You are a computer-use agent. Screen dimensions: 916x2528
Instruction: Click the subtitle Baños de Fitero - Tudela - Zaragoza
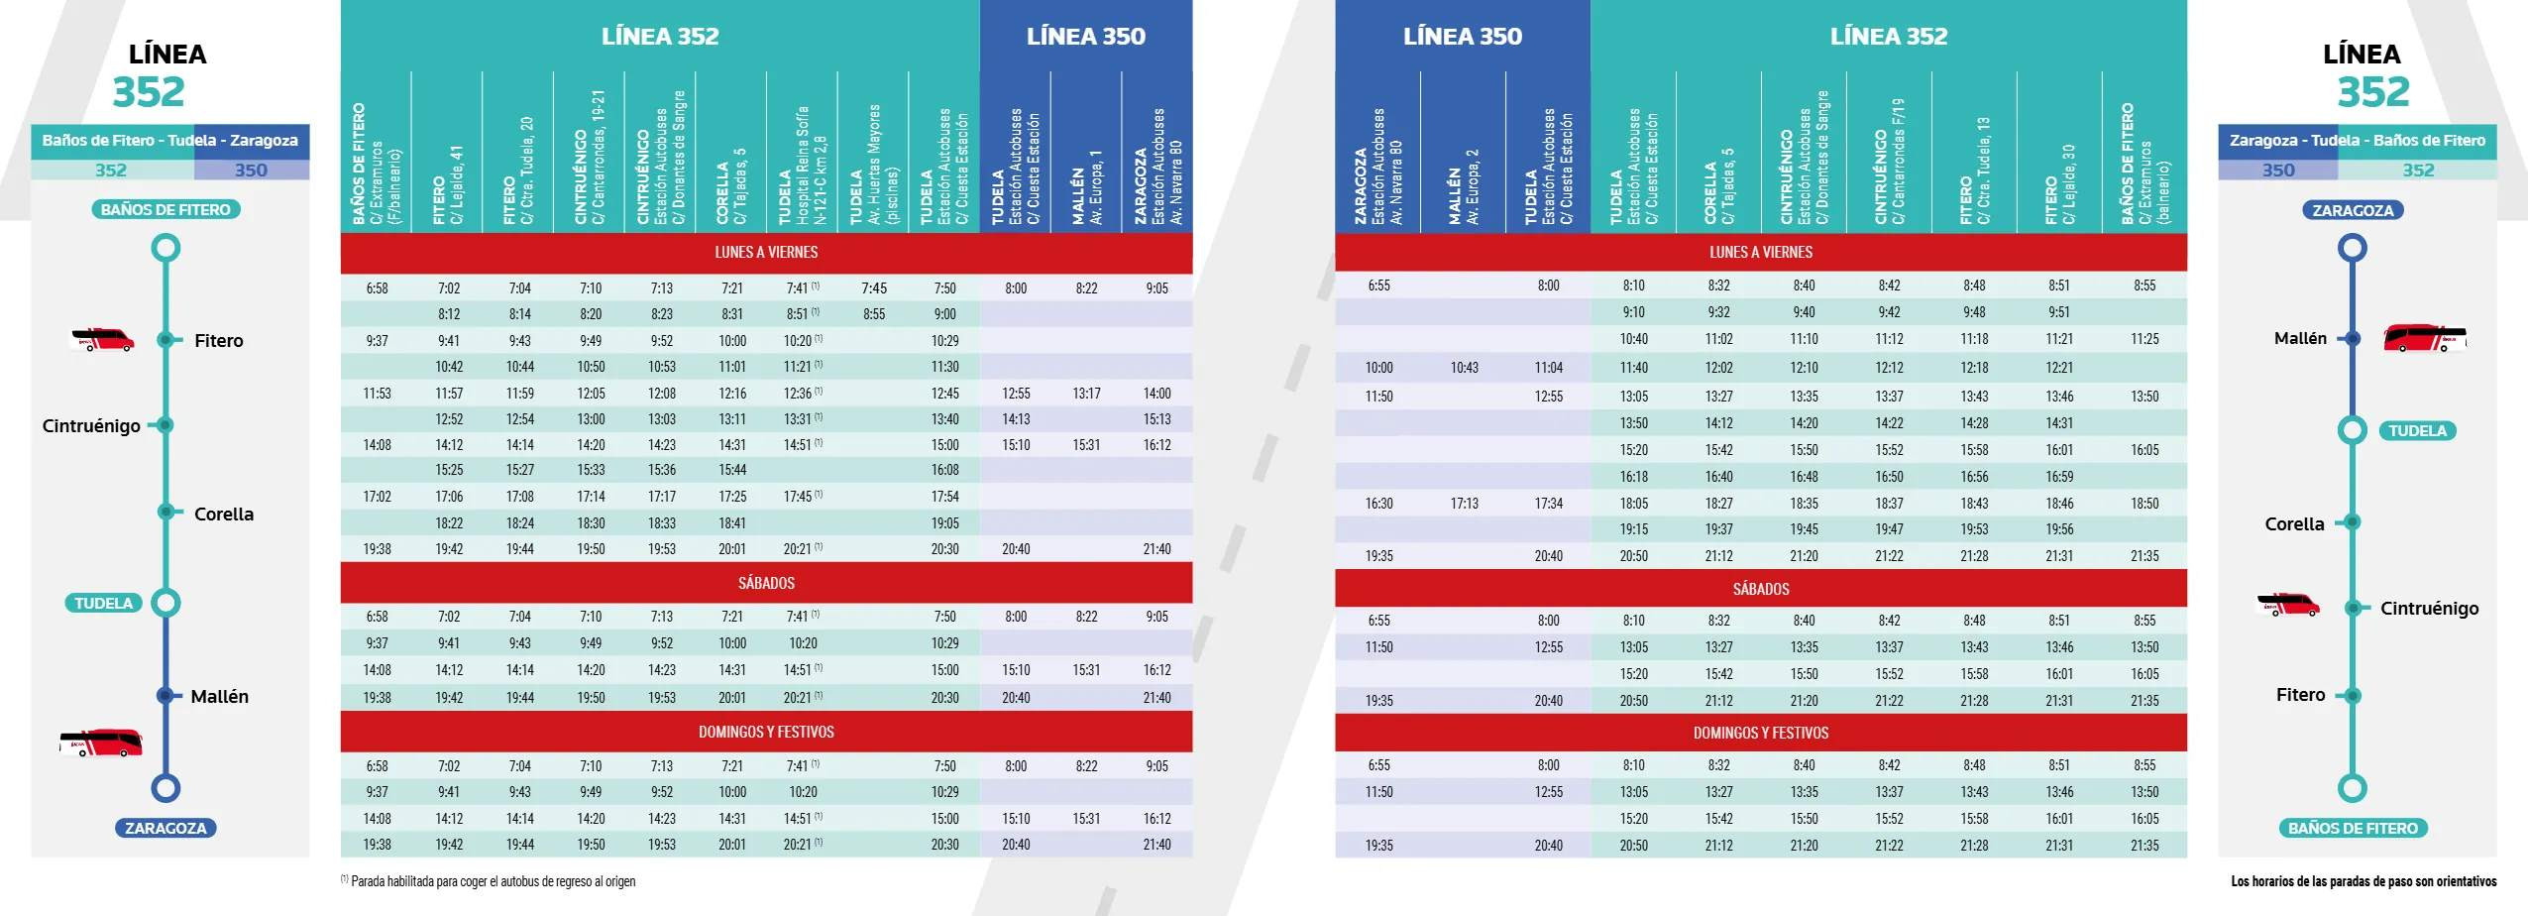(169, 141)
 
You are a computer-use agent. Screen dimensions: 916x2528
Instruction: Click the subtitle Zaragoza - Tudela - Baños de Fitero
(2357, 141)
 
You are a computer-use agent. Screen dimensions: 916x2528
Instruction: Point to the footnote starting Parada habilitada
(489, 881)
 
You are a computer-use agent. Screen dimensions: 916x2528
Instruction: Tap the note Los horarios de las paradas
(2363, 881)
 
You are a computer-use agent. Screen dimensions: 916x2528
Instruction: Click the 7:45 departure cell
(873, 288)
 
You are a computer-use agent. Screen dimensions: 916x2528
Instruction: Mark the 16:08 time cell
(944, 470)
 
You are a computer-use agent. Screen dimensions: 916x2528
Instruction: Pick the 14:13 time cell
(1016, 419)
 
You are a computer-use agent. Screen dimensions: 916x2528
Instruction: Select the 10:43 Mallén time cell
(1464, 368)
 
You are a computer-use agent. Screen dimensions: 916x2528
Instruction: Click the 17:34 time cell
(1548, 504)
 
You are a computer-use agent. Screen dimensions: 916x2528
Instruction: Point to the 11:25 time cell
(2143, 339)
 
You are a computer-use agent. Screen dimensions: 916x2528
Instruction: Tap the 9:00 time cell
(944, 314)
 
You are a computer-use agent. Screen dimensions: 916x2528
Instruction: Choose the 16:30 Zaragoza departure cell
(1378, 504)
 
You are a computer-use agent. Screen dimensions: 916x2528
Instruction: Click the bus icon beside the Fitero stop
(102, 340)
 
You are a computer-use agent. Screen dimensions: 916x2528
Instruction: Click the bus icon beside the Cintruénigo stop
(2287, 605)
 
